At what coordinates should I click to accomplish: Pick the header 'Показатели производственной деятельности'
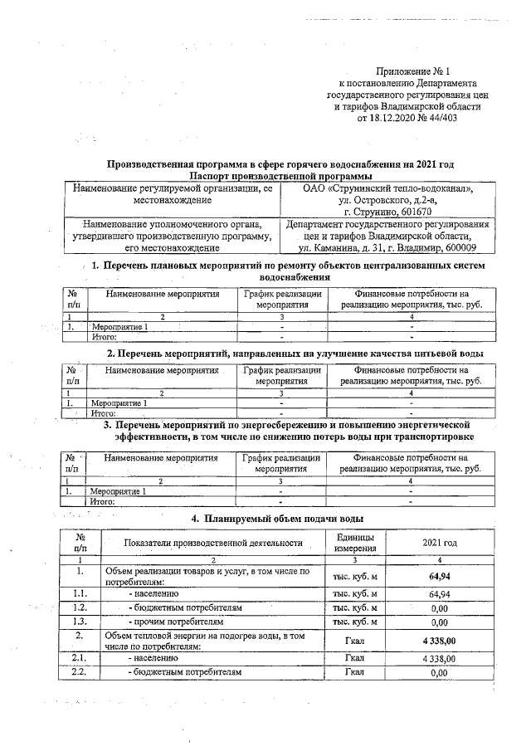point(213,542)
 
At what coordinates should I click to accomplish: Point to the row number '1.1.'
point(80,594)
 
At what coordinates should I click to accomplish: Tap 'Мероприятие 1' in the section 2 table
point(119,403)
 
